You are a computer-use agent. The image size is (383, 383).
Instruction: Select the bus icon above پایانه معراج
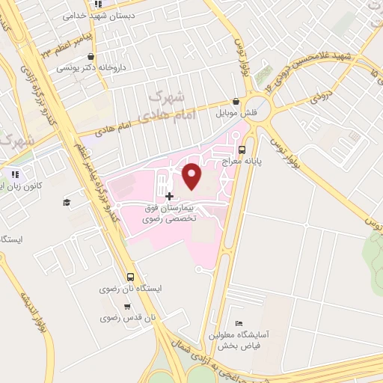pos(240,150)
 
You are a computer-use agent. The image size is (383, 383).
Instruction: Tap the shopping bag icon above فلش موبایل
pos(236,102)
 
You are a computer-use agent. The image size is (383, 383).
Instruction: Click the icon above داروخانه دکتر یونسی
pos(91,56)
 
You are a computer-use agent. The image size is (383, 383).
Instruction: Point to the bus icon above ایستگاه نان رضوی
pos(131,277)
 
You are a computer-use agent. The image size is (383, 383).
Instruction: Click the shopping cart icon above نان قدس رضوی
pos(127,306)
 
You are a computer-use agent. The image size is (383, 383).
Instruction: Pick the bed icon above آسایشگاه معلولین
pos(239,323)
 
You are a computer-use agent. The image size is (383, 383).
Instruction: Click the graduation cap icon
pos(67,202)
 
